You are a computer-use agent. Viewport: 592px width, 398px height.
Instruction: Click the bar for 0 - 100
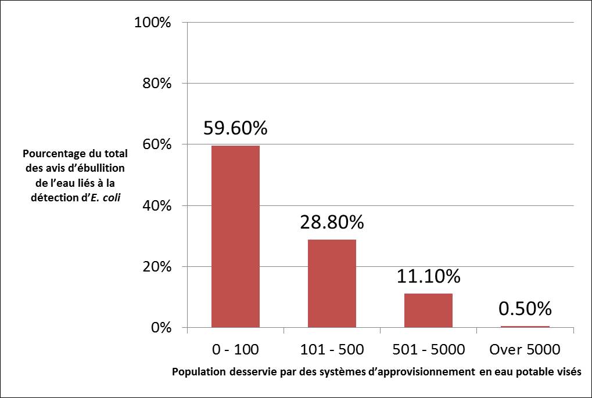tap(235, 237)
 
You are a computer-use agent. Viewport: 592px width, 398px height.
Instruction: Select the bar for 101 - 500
tap(332, 284)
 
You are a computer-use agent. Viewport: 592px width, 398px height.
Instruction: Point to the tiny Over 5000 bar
tap(525, 327)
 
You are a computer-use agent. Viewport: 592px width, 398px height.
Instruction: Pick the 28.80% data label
tap(332, 222)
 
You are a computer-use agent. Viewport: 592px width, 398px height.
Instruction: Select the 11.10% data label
tap(429, 276)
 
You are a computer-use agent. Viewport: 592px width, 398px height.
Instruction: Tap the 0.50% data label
tap(525, 308)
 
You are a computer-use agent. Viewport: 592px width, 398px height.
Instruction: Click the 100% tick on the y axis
tap(152, 23)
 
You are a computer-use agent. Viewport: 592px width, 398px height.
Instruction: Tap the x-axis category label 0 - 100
tap(235, 349)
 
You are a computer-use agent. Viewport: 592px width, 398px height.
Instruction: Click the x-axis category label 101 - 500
tap(332, 349)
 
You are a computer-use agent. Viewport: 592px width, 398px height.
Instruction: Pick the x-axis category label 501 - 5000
tap(428, 349)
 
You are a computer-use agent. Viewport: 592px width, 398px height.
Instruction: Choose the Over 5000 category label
tap(525, 349)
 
